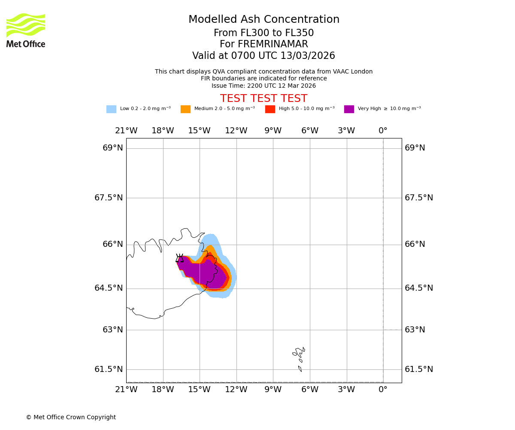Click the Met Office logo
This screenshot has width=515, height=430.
point(26,30)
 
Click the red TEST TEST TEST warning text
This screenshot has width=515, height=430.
point(264,98)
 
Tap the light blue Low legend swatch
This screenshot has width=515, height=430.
point(111,109)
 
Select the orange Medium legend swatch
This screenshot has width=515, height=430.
point(185,109)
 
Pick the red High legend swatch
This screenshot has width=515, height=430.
point(270,109)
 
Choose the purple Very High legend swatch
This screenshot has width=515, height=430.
point(349,109)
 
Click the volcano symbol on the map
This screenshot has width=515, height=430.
point(179,258)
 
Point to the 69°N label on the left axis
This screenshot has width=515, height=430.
point(112,148)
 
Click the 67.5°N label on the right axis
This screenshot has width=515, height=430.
point(419,198)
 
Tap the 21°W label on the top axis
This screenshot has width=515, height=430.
point(126,131)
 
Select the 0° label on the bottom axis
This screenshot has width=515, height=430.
point(383,390)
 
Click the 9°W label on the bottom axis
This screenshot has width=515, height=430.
point(273,390)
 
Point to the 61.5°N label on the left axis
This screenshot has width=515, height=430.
point(109,369)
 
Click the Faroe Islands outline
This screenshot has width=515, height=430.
point(299,355)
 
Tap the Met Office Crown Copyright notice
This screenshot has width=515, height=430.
point(71,418)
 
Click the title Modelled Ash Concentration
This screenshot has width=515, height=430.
point(264,20)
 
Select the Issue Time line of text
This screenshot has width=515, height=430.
point(264,86)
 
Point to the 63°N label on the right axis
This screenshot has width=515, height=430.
point(415,330)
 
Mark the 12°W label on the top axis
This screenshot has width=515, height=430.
point(236,131)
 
